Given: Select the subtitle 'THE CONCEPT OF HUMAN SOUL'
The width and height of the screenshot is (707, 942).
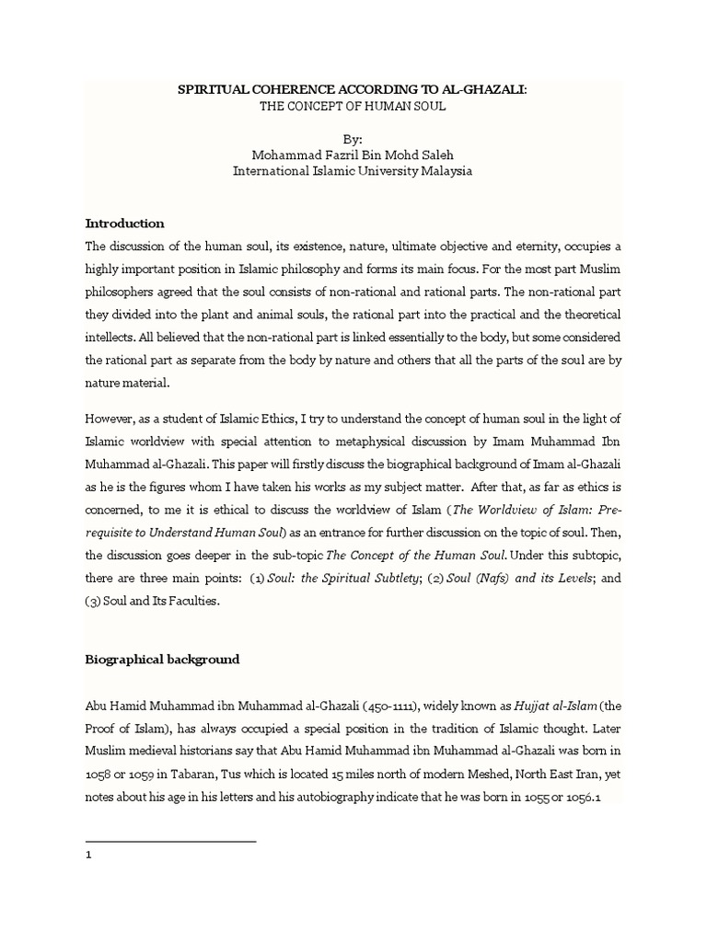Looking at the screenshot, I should [353, 108].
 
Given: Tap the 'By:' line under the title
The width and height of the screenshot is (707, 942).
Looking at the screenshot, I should [353, 139].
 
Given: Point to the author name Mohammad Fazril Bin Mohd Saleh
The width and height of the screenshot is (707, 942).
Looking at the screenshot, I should [353, 155].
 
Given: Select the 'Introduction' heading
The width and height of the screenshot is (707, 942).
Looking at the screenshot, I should [124, 224].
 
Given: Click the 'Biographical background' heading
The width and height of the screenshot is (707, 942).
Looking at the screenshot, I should [162, 660].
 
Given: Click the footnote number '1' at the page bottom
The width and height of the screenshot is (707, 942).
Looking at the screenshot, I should [88, 855].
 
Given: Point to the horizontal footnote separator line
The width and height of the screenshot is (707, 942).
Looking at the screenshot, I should [170, 841].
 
